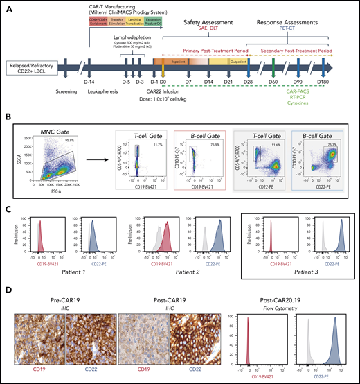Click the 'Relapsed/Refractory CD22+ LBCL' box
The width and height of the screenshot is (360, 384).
pos(31,67)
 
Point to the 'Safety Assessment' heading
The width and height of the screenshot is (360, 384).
pos(207,23)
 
